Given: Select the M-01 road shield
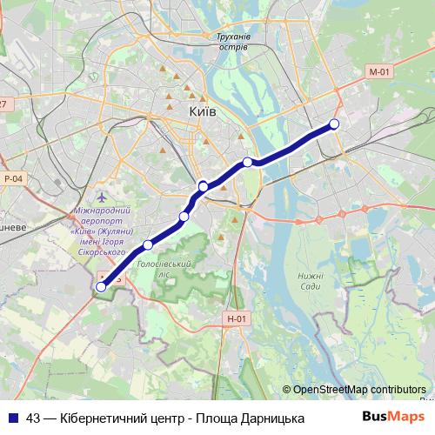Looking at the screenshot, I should click(377, 72).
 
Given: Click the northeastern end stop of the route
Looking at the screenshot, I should click(334, 124).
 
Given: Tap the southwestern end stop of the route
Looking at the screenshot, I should click(101, 286).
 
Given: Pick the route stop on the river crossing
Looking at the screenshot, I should click(248, 162).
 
